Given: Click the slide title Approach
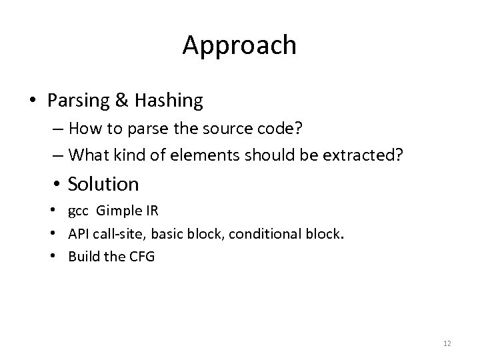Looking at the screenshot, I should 239,45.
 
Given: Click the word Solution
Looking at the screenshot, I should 103,183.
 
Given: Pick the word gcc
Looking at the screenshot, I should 79,213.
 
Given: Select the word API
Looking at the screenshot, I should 79,234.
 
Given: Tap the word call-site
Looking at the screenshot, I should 118,234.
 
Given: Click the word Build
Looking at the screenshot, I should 82,255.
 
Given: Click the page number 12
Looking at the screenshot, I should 447,343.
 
